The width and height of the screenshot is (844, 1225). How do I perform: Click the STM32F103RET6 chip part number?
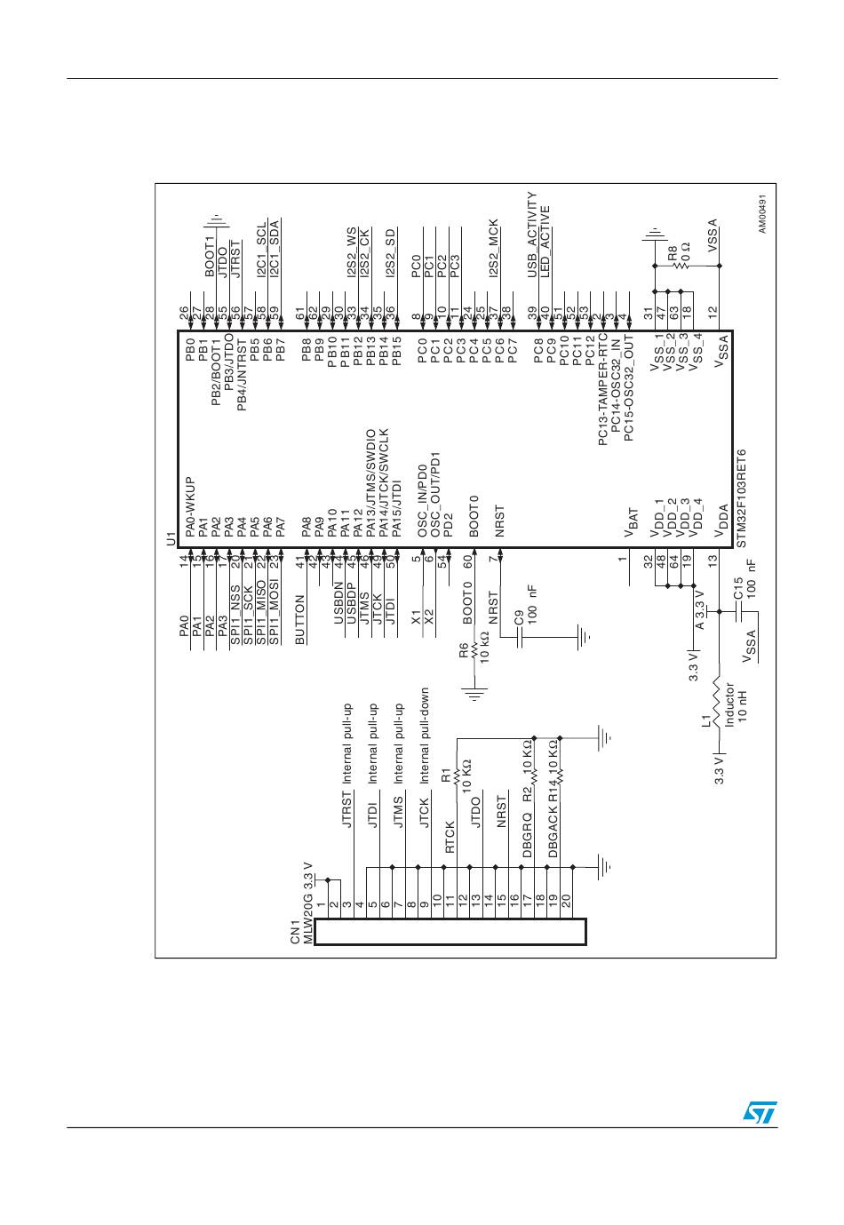coord(741,499)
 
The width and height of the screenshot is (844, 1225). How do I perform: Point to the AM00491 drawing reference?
coord(762,216)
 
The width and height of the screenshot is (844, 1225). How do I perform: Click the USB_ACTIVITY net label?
coord(532,235)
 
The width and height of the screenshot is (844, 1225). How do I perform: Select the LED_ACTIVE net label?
coord(545,241)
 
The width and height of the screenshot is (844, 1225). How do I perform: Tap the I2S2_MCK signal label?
coord(494,248)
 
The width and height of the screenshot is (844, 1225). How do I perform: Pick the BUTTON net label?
coord(300,620)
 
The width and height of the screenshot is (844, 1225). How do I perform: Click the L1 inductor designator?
coord(705,720)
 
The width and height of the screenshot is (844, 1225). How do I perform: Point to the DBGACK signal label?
coord(553,836)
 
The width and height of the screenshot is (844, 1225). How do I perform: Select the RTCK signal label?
coord(450,837)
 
